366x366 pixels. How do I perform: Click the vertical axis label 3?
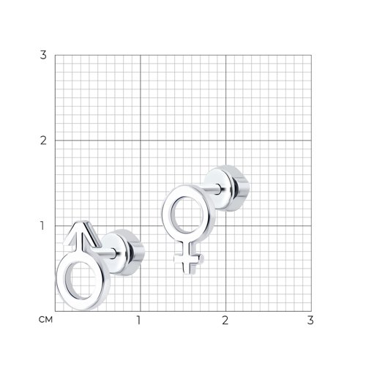pyautogui.click(x=43, y=55)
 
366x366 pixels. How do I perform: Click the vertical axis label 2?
pyautogui.click(x=43, y=141)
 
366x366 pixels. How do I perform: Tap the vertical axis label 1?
pyautogui.click(x=42, y=225)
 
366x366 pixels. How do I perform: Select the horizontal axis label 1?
pyautogui.click(x=138, y=320)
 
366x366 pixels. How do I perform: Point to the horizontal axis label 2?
pyautogui.click(x=225, y=320)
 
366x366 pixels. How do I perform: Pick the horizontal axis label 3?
pyautogui.click(x=310, y=320)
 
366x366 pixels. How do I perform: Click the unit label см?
pyautogui.click(x=45, y=319)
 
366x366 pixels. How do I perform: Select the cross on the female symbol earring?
pyautogui.click(x=188, y=259)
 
